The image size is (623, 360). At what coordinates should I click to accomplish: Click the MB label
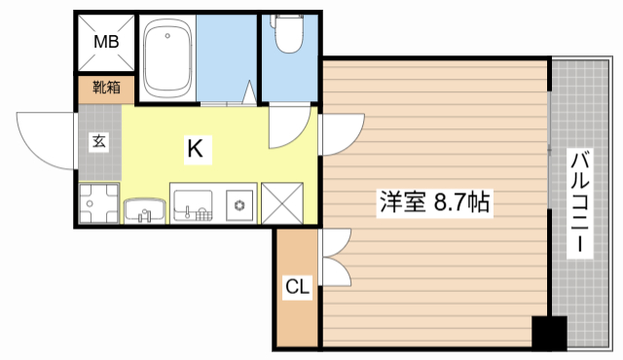tap(105, 42)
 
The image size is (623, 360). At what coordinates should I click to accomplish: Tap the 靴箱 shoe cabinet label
tap(106, 88)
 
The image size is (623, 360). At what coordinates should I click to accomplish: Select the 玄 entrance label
tap(99, 141)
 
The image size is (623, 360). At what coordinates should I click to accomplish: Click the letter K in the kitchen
tap(196, 149)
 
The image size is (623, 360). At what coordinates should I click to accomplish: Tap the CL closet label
tap(297, 287)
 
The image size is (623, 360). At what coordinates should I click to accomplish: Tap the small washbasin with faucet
tap(145, 209)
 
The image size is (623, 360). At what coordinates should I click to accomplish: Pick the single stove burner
tap(239, 205)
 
